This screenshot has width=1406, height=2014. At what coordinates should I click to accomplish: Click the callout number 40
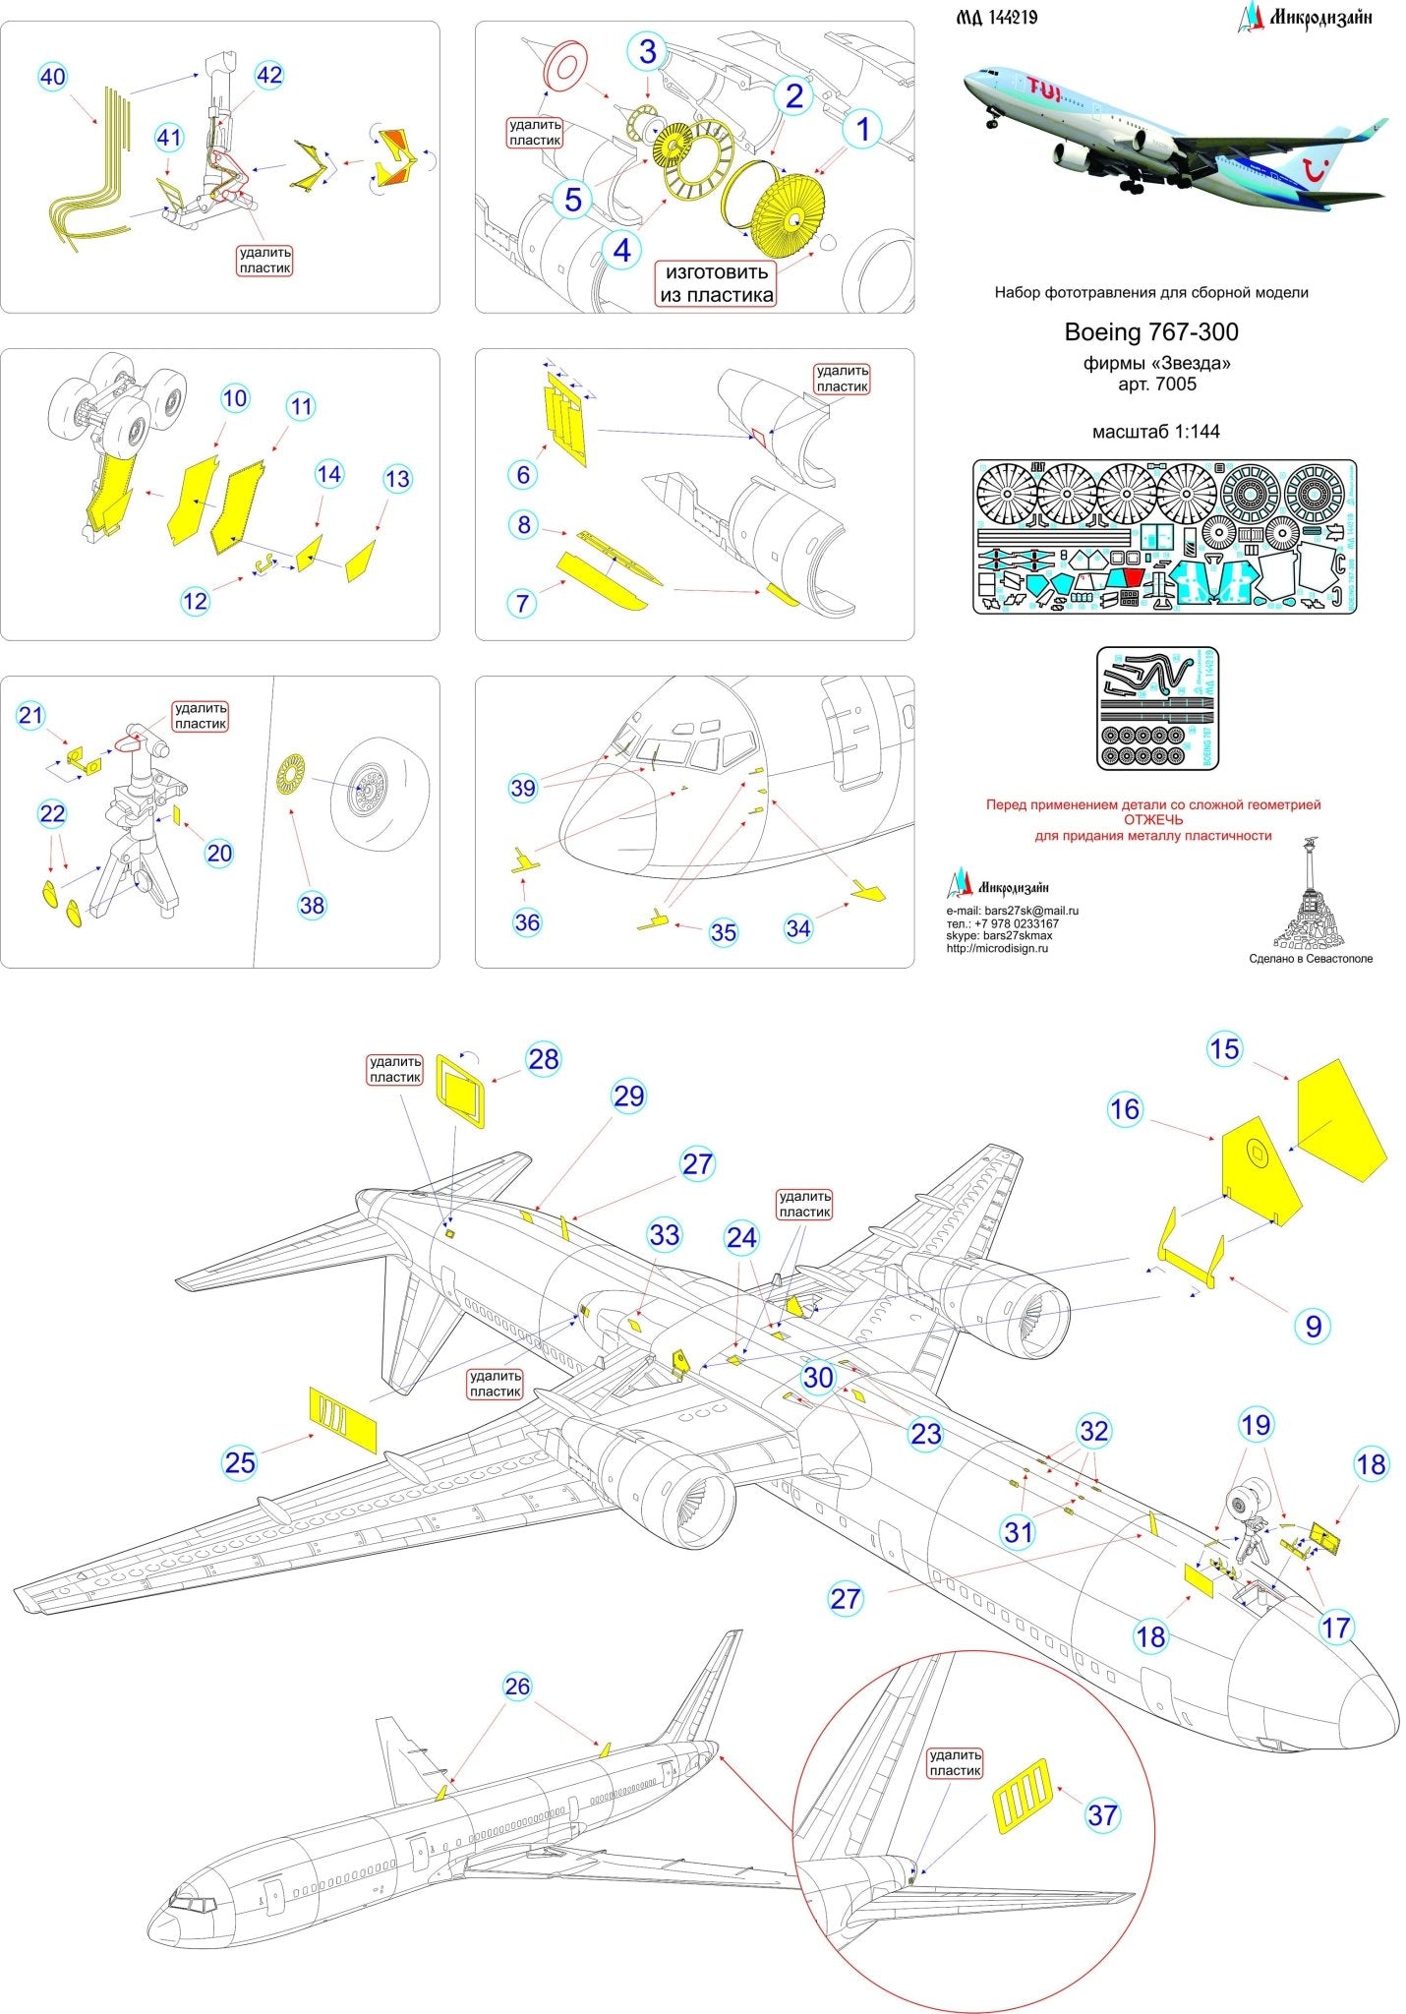(x=53, y=77)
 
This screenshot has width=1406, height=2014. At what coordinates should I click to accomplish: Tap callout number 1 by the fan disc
(x=863, y=129)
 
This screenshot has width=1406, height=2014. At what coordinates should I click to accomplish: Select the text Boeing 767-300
(x=1151, y=331)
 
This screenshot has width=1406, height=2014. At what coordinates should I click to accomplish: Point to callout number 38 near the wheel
(x=312, y=905)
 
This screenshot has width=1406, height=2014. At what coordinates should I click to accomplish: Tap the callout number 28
(x=543, y=1059)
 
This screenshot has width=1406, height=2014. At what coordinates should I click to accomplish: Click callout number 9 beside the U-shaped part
(x=1314, y=1326)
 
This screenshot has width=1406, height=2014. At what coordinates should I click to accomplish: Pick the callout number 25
(x=240, y=1462)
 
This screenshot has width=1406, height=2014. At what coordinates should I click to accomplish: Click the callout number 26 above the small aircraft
(x=517, y=1687)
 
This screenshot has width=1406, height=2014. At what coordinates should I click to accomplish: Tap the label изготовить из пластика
(x=717, y=283)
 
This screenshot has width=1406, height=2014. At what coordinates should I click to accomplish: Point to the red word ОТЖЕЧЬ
(x=1154, y=819)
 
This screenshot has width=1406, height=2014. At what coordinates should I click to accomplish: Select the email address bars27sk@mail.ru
(x=1030, y=912)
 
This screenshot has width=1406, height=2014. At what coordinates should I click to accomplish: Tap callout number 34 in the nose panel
(x=798, y=927)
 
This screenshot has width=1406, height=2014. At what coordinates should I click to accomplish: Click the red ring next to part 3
(x=564, y=67)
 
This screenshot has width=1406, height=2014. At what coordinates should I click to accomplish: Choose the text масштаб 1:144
(x=1155, y=431)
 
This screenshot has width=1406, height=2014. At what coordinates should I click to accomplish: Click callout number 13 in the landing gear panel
(x=396, y=479)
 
